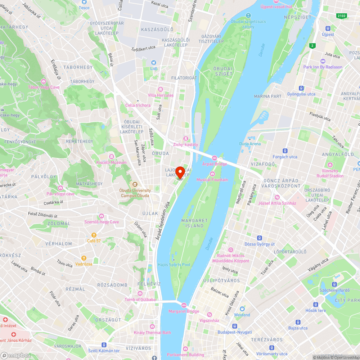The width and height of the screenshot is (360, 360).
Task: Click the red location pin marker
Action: (x=180, y=172)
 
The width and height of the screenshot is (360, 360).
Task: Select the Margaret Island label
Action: (x=195, y=223)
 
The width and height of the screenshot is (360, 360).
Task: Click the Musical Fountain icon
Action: (x=212, y=174)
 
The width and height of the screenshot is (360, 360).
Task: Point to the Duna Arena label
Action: (x=250, y=144)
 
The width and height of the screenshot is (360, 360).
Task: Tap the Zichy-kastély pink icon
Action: (x=186, y=139)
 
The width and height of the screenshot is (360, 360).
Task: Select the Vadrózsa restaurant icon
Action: (x=84, y=258)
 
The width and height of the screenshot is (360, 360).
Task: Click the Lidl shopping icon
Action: (x=154, y=63)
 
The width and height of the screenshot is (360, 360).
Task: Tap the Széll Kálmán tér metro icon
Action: (x=104, y=345)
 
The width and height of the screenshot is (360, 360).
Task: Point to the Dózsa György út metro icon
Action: (x=259, y=238)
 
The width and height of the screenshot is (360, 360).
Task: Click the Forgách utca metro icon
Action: (x=285, y=151)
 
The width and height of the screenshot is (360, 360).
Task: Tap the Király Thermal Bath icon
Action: (x=152, y=327)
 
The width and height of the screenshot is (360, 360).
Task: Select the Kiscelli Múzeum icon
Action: (x=111, y=157)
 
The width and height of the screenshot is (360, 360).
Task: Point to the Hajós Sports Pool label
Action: (x=174, y=265)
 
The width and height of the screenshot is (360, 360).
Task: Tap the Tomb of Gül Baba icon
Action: (x=140, y=293)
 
